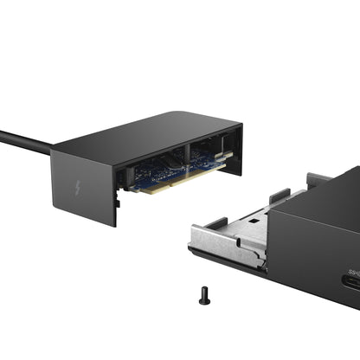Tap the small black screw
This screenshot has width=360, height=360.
[202, 294]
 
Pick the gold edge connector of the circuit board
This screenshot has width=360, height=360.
[173, 183]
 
